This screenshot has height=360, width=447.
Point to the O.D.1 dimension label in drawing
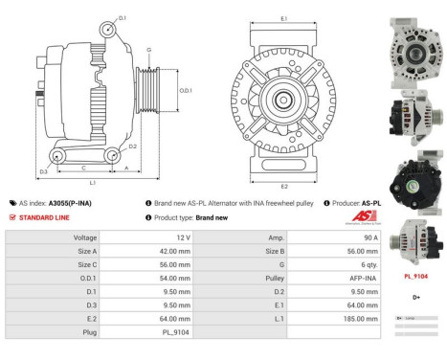(x=186, y=91)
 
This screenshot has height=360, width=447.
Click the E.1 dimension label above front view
(x=284, y=19)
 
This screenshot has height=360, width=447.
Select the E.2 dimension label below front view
(x=284, y=186)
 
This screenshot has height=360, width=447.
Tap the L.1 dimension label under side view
(x=91, y=182)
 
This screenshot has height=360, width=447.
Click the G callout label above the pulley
(x=148, y=49)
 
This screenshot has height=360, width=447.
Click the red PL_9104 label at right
(x=414, y=276)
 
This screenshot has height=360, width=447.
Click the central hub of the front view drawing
(x=284, y=101)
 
